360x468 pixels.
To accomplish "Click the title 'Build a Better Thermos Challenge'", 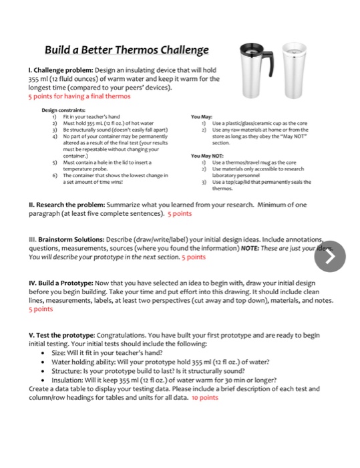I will coord(126,51).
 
